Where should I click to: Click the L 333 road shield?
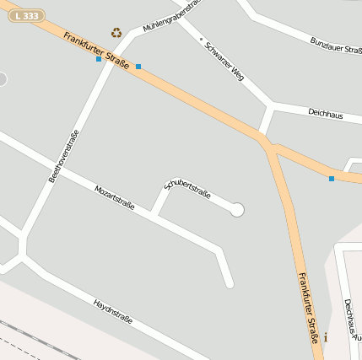point(26,16)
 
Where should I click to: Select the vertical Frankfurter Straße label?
point(308,307)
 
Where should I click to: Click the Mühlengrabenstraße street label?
point(174,16)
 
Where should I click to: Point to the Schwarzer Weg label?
point(224,58)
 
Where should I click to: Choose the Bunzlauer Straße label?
point(336,45)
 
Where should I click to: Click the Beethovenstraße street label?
point(64,156)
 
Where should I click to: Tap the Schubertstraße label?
point(187,188)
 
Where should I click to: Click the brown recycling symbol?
point(116,33)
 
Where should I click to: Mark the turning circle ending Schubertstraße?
point(237,210)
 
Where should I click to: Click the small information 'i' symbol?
point(326,337)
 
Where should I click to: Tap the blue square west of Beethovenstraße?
point(99,59)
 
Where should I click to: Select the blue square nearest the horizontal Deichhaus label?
point(332,179)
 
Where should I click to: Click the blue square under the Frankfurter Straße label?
point(138,66)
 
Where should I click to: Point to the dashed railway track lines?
point(21,337)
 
